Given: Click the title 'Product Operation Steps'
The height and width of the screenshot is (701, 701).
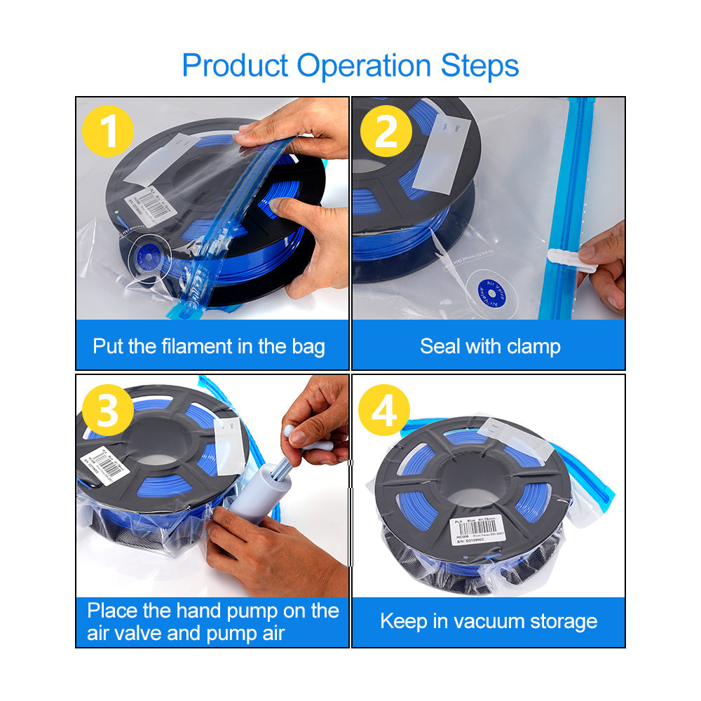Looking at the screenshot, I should [350, 65].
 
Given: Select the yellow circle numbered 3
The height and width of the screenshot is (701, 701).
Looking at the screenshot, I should [108, 410].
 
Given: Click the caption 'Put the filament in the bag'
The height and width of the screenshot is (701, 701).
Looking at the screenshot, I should [209, 346].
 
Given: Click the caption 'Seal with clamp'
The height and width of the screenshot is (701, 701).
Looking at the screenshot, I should [490, 346].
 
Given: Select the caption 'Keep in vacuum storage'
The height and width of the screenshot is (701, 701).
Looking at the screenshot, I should [489, 621].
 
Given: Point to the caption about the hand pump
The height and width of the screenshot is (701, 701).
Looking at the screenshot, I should [213, 622].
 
